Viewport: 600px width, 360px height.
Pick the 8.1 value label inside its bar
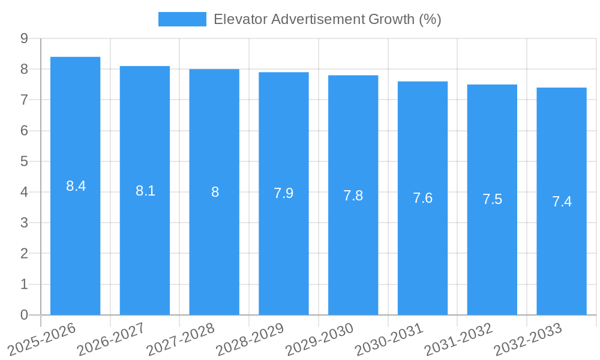click(145, 191)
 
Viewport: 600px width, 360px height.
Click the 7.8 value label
click(353, 196)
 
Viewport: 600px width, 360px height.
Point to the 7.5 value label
click(492, 199)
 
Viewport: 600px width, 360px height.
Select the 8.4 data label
click(76, 186)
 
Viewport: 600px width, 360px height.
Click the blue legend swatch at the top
click(182, 19)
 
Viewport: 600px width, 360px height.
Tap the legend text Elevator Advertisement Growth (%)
click(327, 19)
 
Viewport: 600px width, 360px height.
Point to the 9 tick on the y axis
click(24, 38)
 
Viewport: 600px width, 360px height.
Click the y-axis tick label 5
click(24, 161)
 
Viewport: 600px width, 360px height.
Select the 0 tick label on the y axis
click(24, 315)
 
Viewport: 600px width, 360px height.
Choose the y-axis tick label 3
click(24, 223)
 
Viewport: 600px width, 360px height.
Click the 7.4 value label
click(562, 202)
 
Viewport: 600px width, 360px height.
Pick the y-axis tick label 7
click(24, 100)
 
